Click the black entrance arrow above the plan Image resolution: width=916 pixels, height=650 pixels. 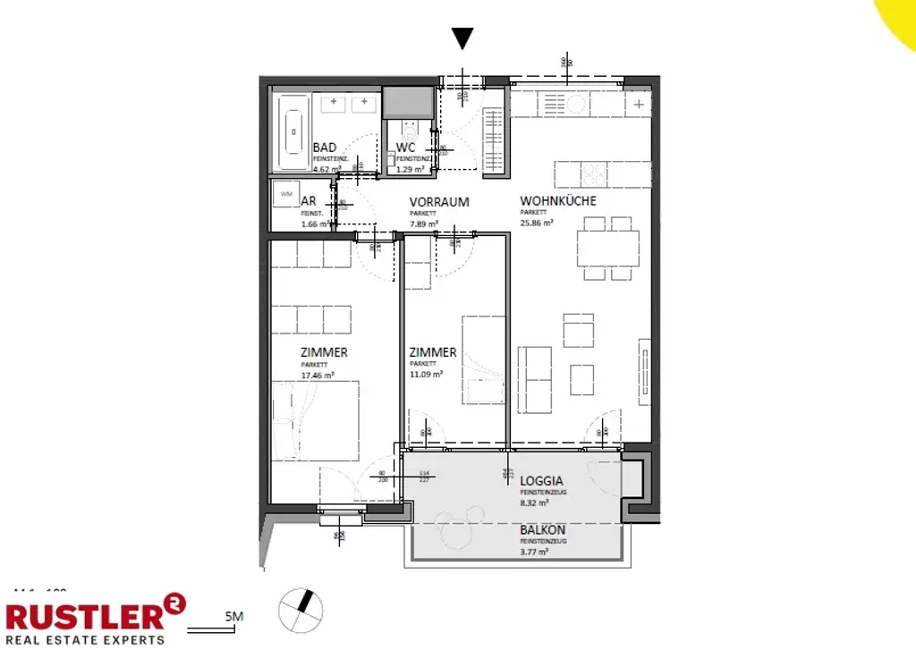click(462, 38)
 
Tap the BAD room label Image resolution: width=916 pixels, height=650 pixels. click(325, 148)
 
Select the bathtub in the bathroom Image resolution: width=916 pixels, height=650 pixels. click(293, 133)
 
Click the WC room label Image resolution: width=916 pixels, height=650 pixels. click(406, 148)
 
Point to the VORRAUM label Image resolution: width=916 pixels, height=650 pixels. click(439, 202)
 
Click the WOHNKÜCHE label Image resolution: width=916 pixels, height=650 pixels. click(558, 201)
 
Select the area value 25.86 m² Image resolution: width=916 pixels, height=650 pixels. click(538, 224)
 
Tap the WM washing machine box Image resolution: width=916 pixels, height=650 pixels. click(286, 194)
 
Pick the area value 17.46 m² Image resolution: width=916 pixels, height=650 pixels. click(318, 376)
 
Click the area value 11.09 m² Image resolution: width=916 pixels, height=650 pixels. click(426, 376)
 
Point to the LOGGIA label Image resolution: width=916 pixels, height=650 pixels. click(541, 480)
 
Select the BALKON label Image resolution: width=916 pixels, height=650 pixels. click(542, 530)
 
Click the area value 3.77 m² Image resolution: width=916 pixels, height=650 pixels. click(534, 553)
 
